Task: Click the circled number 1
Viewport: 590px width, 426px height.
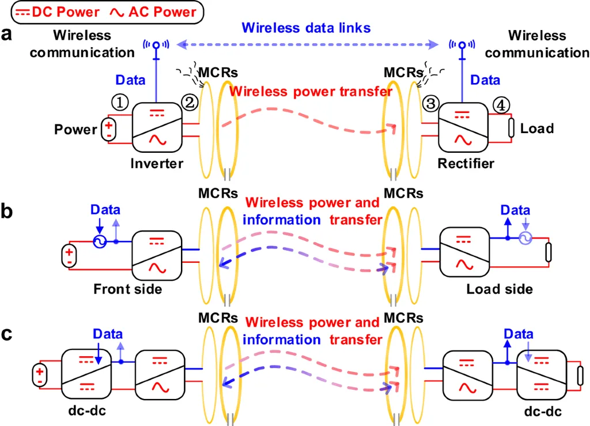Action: [x=119, y=103]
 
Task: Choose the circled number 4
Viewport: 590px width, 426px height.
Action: [x=501, y=105]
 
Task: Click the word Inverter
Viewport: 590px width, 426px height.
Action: [x=157, y=163]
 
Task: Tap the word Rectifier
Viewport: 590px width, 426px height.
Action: [x=466, y=164]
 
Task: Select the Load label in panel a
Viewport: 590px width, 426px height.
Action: [x=537, y=128]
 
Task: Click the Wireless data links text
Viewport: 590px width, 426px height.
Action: [x=307, y=27]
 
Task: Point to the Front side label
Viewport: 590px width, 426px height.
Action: [x=128, y=289]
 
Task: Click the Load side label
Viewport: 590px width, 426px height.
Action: [x=500, y=289]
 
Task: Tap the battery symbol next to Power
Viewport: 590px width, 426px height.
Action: [x=108, y=129]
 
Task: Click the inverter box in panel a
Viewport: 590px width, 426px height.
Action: [x=157, y=128]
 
